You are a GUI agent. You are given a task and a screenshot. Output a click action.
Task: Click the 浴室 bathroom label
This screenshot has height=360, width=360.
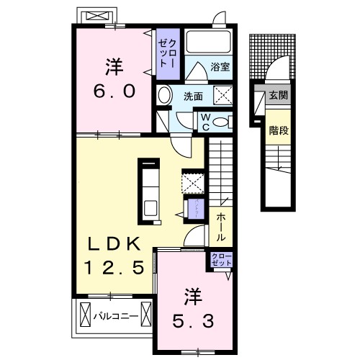[220, 68]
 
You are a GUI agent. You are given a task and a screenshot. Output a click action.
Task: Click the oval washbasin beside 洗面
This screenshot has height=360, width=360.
[164, 96]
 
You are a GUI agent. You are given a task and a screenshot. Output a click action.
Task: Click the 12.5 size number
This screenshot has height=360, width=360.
[120, 267]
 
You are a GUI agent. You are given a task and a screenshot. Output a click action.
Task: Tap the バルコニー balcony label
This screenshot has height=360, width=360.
[115, 314]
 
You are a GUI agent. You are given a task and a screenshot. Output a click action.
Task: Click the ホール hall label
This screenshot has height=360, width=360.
[218, 226]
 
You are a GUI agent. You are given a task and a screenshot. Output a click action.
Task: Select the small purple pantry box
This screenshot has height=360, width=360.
[195, 209]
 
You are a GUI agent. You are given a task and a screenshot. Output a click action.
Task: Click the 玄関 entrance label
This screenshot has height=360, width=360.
[278, 94]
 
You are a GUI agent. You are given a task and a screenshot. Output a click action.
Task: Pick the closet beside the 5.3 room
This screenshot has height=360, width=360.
[220, 259]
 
